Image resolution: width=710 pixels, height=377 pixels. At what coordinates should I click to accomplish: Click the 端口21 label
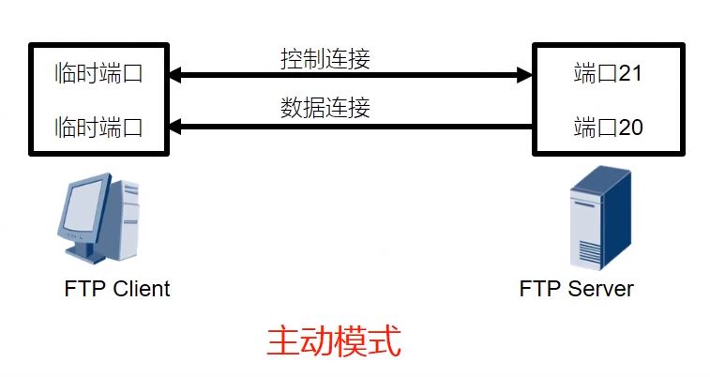(607, 73)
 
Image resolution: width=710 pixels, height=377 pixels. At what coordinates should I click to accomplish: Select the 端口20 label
(607, 127)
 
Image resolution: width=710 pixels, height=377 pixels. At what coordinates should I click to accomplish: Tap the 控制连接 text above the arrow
(325, 58)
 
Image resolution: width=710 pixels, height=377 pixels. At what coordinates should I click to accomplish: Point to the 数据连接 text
(325, 107)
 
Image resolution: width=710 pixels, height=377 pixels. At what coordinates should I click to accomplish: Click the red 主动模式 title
(334, 341)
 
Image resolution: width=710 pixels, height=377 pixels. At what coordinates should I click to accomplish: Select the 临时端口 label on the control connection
(99, 73)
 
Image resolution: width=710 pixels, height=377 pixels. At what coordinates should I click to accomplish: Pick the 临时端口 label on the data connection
(99, 127)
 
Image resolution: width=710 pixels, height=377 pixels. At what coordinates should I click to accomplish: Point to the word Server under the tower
(602, 288)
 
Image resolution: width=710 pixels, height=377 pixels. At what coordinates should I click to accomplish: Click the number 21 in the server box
(630, 73)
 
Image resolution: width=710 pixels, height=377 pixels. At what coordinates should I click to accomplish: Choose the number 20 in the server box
(630, 127)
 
